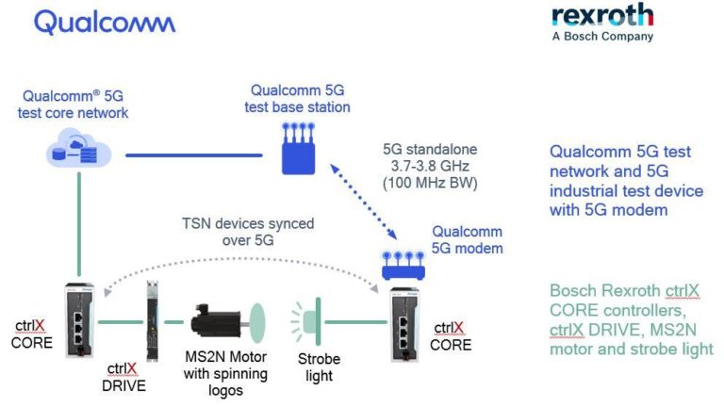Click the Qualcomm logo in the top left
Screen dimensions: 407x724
[x=105, y=23]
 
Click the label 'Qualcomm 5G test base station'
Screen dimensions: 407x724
[x=300, y=99]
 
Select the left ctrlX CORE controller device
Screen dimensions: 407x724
[x=81, y=320]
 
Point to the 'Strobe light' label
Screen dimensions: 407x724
[x=319, y=367]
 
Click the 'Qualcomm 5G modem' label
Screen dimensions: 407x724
[x=469, y=239]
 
